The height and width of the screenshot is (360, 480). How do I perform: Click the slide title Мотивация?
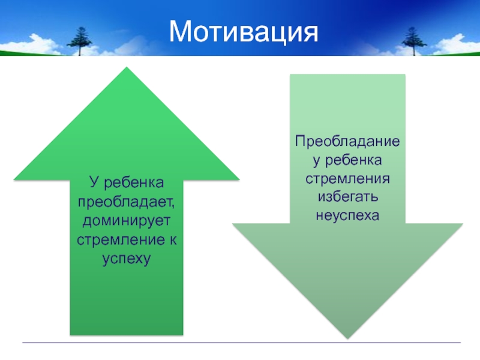click(x=244, y=32)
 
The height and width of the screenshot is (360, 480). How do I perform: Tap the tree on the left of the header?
click(x=79, y=41)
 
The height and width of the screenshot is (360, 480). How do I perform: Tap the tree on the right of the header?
click(x=413, y=41)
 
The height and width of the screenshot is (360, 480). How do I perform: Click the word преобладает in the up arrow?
click(x=126, y=202)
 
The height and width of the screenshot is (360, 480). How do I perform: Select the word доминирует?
click(x=126, y=221)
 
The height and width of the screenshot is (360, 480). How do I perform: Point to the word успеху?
click(x=126, y=259)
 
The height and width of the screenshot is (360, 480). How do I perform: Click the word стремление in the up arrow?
click(x=121, y=239)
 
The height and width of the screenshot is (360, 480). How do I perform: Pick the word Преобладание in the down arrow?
click(x=347, y=142)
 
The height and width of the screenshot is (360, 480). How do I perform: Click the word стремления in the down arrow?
click(x=347, y=178)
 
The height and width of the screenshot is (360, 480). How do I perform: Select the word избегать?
click(x=348, y=196)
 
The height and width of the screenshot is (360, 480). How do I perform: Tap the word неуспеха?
click(x=347, y=215)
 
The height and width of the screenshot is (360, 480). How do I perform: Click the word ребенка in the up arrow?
click(x=134, y=183)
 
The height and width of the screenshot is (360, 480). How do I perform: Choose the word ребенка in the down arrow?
click(x=353, y=160)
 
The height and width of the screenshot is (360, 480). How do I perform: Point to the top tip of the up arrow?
click(x=127, y=67)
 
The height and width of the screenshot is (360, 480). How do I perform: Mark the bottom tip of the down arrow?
click(x=347, y=338)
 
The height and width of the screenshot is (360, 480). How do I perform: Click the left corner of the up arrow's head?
click(x=14, y=179)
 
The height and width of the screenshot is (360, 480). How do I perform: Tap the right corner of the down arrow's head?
click(x=463, y=224)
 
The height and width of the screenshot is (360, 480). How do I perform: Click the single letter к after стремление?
click(x=173, y=239)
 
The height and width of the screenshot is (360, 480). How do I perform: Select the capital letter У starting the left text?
click(x=95, y=182)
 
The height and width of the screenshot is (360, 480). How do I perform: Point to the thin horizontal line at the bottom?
click(x=241, y=342)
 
